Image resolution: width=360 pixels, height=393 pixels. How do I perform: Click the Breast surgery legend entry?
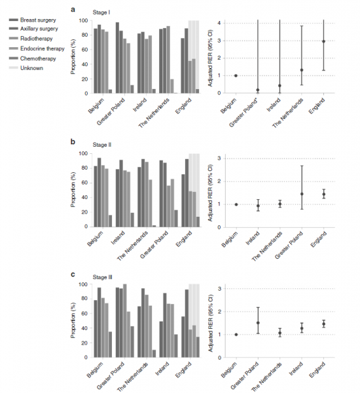click(32, 20)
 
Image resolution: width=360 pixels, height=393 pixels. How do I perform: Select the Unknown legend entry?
click(26, 68)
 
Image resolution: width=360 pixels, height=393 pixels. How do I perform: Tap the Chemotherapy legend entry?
click(32, 58)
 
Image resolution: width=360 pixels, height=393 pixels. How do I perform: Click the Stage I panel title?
click(101, 12)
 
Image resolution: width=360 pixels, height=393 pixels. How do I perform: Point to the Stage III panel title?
click(102, 277)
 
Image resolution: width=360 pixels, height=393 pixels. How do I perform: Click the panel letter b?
click(73, 142)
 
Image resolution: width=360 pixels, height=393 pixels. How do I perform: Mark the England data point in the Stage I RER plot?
click(324, 41)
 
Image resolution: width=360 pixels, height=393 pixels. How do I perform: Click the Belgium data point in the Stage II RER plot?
click(236, 204)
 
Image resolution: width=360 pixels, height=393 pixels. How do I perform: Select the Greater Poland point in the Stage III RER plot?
click(258, 323)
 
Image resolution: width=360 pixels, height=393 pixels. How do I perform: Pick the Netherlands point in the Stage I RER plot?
click(302, 70)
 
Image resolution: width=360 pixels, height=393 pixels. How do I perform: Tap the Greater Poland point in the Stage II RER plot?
click(302, 194)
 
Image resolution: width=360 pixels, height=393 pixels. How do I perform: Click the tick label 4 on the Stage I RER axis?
click(219, 23)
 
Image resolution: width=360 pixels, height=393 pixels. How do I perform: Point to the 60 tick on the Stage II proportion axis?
click(84, 183)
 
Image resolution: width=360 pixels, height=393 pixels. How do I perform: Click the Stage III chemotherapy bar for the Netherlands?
click(154, 354)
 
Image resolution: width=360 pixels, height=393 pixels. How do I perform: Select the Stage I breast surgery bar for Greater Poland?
click(118, 58)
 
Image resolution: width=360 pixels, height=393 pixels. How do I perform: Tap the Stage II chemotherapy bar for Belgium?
click(110, 221)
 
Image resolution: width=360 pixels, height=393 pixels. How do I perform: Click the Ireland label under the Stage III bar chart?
click(162, 369)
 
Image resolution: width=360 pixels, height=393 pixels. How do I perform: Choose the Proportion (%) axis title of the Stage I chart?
click(73, 57)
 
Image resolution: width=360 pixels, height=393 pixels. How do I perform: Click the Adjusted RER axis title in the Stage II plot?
click(210, 193)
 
